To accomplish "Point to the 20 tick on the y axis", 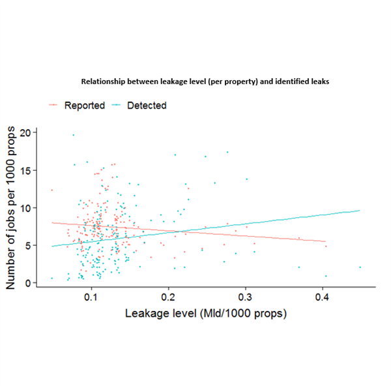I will pos(25,132).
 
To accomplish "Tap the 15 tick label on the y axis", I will pos(25,170).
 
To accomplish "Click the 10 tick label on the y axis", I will pos(25,208).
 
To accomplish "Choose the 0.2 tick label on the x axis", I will pos(168,297).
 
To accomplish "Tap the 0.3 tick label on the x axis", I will pos(245,297).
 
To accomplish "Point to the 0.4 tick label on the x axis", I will pos(322,297).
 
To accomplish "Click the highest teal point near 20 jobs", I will pos(73,135).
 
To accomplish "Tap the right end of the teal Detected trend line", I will pos(359,210).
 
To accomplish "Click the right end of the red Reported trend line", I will pos(325,242).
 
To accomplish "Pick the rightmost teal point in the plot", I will pos(360,267).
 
